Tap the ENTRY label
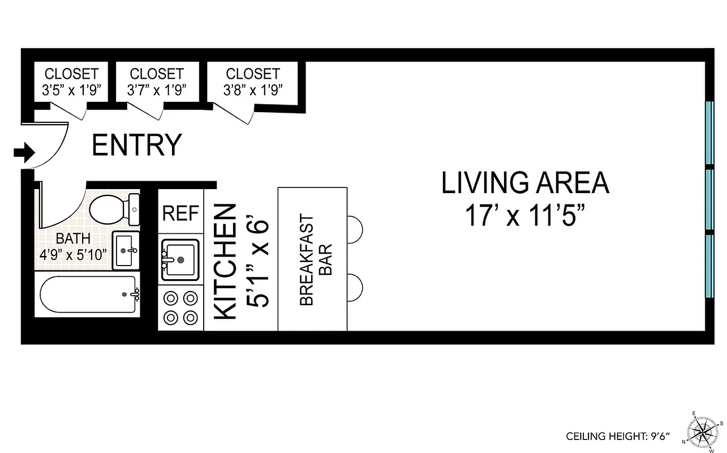tap(136, 145)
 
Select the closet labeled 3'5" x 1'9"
tap(71, 82)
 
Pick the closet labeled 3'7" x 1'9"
tap(157, 82)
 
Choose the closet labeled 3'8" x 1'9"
tap(253, 82)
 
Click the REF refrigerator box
tap(180, 213)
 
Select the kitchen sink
tap(180, 260)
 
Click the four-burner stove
tap(180, 307)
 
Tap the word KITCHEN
tap(226, 262)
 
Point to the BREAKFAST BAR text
tap(315, 259)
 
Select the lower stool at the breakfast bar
tap(355, 287)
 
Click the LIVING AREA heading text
tap(525, 183)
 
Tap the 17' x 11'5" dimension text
tap(525, 216)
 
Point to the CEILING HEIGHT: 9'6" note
tap(618, 436)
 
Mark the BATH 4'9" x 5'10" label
tap(74, 246)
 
